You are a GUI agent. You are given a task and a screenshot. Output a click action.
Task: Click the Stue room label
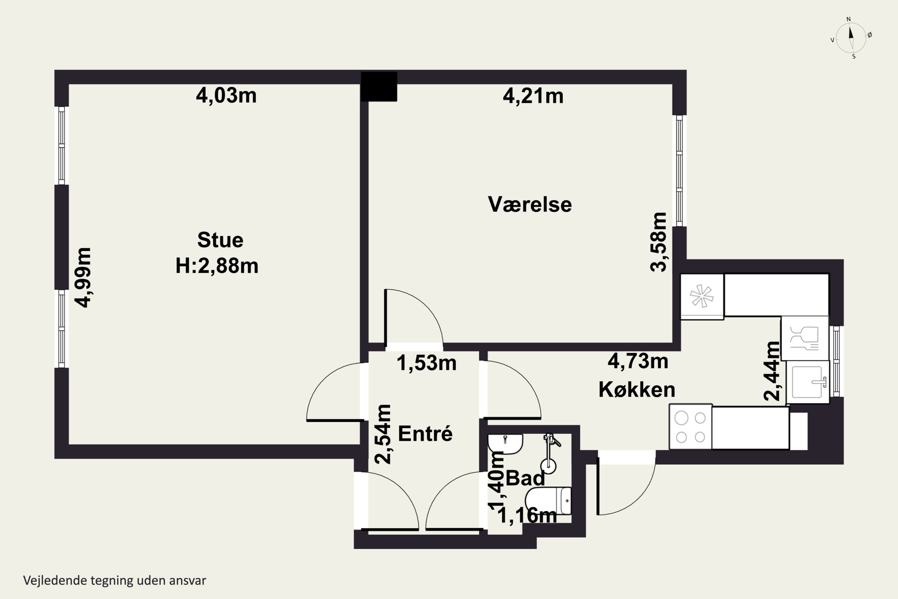[x=220, y=240]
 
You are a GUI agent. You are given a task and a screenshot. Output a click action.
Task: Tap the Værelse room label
[x=530, y=204]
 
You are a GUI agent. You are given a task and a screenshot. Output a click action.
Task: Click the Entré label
[x=425, y=434]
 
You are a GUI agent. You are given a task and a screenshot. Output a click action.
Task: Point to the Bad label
[x=525, y=478]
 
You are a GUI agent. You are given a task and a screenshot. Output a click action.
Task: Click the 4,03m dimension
[x=226, y=96]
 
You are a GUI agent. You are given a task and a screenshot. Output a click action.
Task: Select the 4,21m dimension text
[x=533, y=96]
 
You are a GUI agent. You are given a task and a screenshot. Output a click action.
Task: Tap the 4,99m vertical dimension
[x=83, y=277]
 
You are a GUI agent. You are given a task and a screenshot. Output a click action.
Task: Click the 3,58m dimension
[x=658, y=242]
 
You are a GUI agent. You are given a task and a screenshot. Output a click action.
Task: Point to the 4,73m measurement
[x=638, y=361]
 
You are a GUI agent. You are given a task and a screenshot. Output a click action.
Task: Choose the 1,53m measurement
[x=427, y=363]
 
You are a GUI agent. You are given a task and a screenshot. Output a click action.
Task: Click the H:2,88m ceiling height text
[x=217, y=266]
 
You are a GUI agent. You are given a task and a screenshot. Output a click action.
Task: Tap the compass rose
[x=851, y=38]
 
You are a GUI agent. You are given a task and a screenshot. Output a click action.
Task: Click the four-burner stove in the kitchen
[x=691, y=427]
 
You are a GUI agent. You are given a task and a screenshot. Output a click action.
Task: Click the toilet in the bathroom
[x=548, y=501]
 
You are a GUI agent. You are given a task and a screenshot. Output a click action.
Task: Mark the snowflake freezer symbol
[x=702, y=296]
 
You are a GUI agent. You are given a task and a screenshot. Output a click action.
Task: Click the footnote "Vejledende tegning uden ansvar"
[x=115, y=581]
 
